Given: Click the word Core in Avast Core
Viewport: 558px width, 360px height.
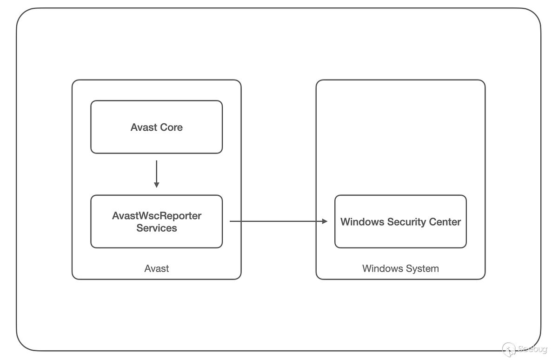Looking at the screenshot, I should coord(172,127).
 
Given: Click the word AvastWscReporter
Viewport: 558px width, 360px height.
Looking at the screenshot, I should coord(157,216).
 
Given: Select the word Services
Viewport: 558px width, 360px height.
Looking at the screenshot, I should coord(157,228).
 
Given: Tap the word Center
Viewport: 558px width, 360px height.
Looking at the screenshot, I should coord(445,222).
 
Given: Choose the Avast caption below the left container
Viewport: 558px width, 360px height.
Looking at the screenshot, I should coord(157,268).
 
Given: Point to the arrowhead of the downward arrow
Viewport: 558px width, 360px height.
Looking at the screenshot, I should coord(157,185).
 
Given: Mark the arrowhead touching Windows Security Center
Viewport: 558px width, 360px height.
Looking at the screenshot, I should coord(325,221).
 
